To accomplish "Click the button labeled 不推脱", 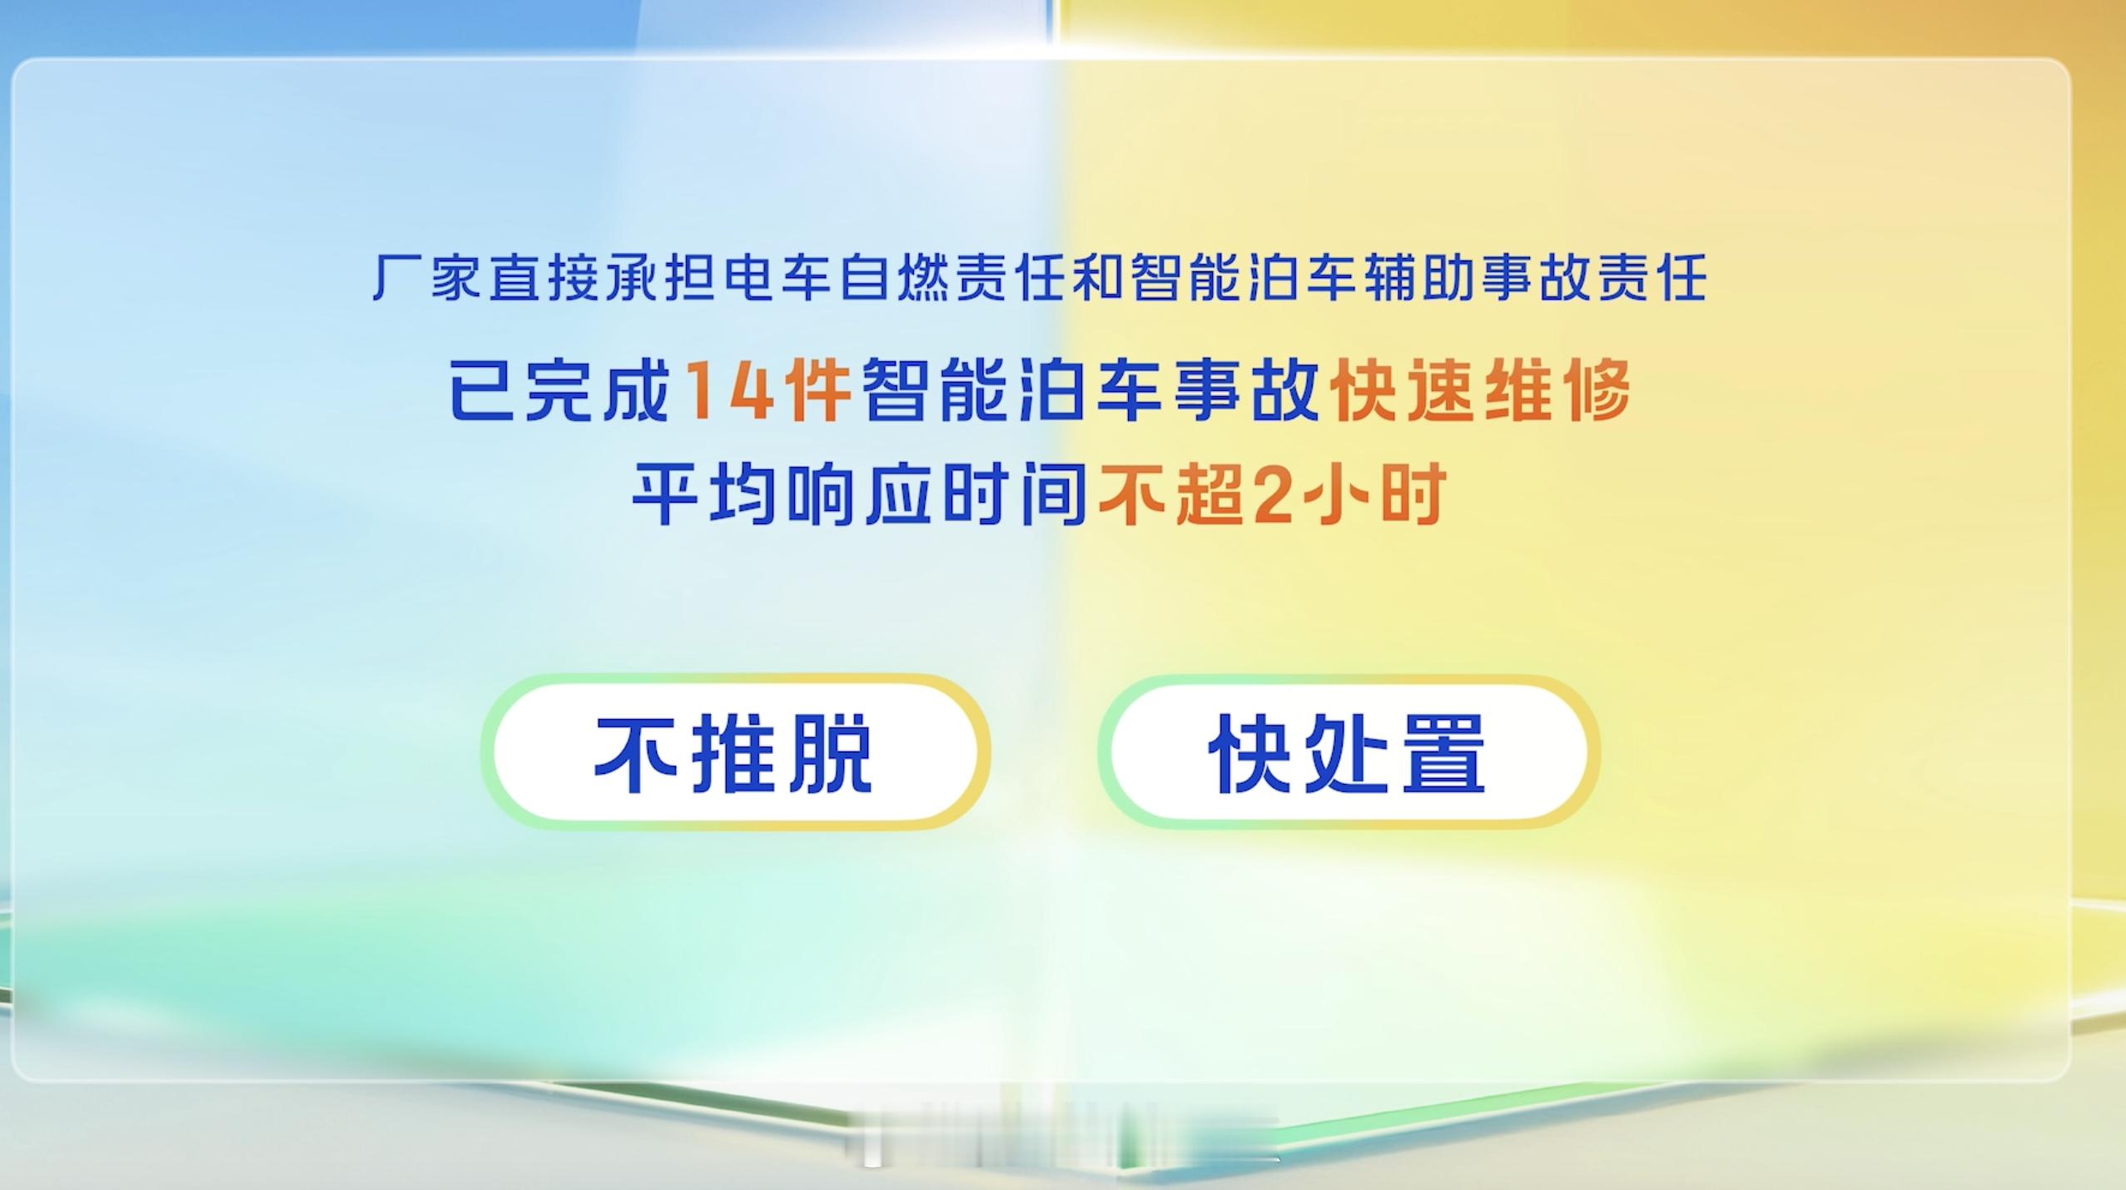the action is point(735,752).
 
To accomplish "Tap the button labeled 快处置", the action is point(1349,752).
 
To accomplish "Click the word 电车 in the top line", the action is point(779,277).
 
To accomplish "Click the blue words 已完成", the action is point(560,391).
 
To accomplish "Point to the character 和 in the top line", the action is point(1100,277).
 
